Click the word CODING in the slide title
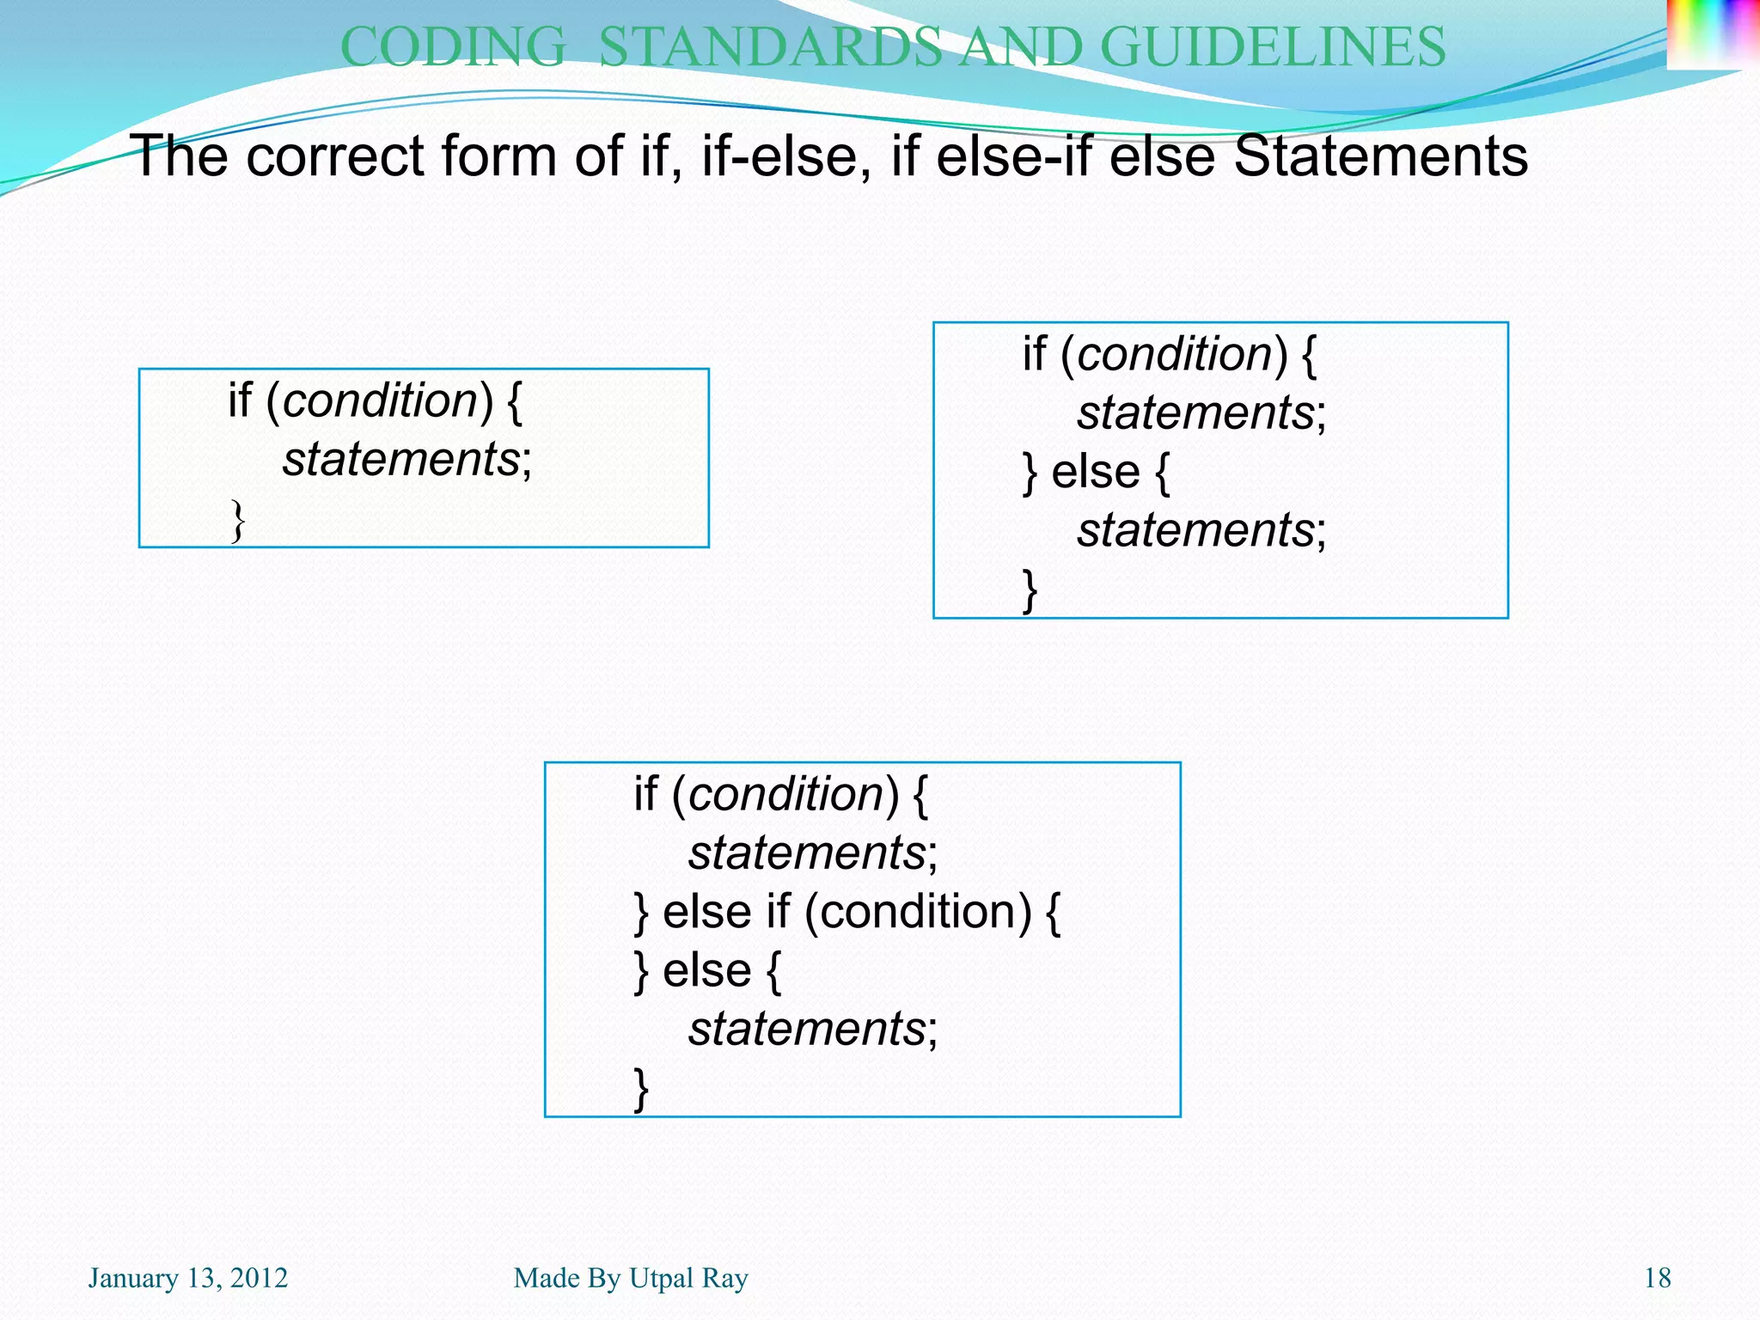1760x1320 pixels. click(x=453, y=46)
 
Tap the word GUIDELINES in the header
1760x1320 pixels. click(x=1273, y=46)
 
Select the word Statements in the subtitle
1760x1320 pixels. click(x=1380, y=156)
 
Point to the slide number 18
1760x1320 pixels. click(x=1657, y=1278)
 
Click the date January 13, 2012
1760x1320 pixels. click(x=188, y=1278)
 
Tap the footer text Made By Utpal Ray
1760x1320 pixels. click(x=631, y=1278)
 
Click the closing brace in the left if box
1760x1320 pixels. click(x=238, y=521)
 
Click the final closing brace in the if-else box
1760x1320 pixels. click(x=1030, y=590)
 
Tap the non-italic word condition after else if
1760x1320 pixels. click(x=917, y=912)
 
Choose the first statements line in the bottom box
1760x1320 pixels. click(x=807, y=852)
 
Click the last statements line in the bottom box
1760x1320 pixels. click(x=807, y=1029)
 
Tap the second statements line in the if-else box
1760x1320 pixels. click(x=1195, y=530)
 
